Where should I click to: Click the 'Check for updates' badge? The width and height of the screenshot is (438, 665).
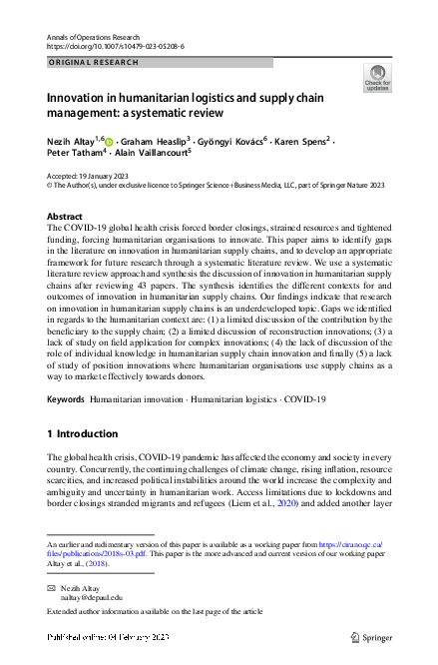[378, 78]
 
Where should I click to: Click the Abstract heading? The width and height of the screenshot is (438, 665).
[65, 216]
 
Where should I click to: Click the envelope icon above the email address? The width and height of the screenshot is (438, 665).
[52, 588]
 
